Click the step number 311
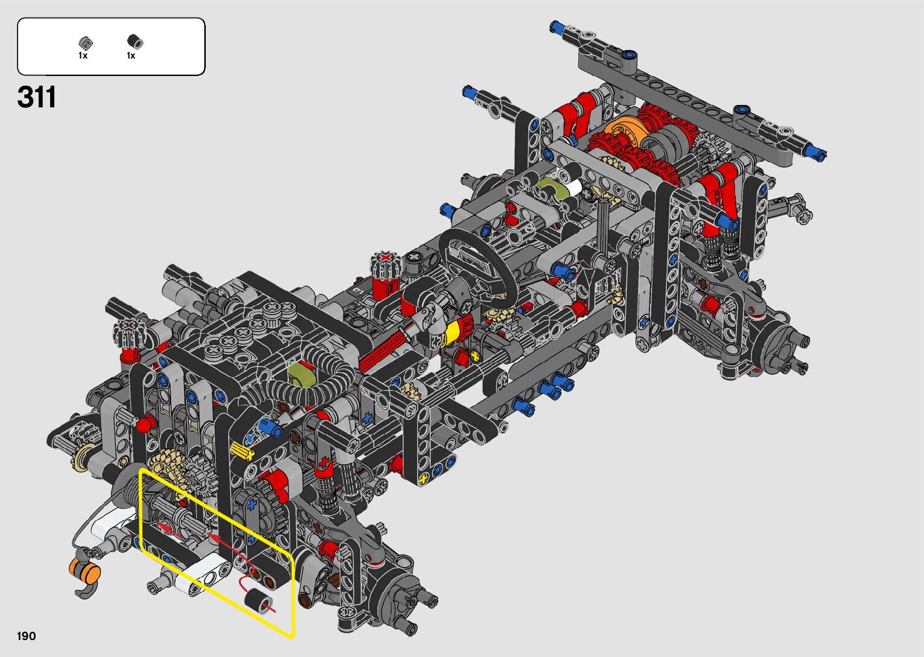36,97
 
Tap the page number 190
27,636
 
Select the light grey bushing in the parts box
85,42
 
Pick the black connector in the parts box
135,41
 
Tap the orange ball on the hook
84,570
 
